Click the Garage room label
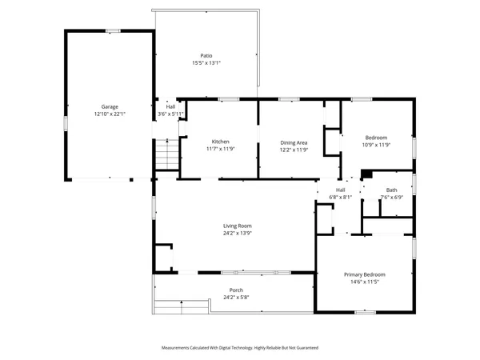click(110, 106)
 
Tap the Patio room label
click(206, 56)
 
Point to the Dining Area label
click(294, 142)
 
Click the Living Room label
click(238, 226)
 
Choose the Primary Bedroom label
click(365, 274)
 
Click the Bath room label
click(392, 190)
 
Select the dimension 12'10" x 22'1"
click(110, 114)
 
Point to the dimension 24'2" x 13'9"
click(238, 234)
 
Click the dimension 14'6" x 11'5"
click(365, 282)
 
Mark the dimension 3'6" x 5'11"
click(170, 114)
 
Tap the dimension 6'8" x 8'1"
click(340, 197)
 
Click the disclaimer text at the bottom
click(239, 348)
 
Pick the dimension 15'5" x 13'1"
click(206, 63)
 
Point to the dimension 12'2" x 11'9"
click(294, 150)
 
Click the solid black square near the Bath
click(366, 175)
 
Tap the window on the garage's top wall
click(113, 30)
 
